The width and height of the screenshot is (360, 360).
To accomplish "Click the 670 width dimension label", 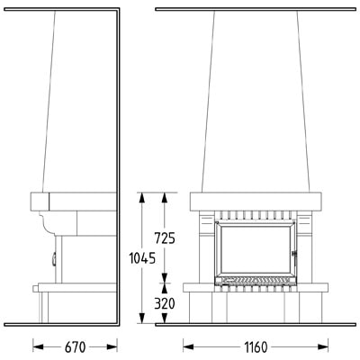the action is click(75, 347).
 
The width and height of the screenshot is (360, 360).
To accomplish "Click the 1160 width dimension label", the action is click(256, 347).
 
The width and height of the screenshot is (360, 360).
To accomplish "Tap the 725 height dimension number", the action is click(165, 238).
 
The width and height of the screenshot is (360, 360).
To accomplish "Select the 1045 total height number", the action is click(142, 258).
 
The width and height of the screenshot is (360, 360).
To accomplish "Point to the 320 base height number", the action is click(165, 304).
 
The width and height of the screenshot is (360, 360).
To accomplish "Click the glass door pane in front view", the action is click(256, 249).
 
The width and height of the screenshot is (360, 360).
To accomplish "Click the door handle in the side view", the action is click(54, 260).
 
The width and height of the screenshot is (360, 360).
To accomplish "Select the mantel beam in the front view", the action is click(256, 202).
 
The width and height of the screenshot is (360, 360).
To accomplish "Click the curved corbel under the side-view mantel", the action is click(48, 222).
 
